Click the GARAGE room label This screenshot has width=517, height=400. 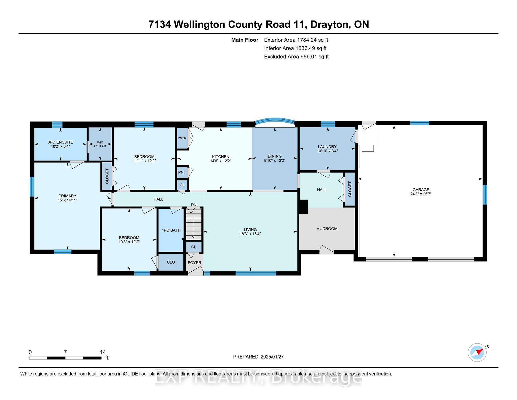(421, 189)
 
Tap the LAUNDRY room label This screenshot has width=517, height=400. (327, 147)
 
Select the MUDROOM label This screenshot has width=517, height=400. (327, 229)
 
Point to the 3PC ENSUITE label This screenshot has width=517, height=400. (60, 142)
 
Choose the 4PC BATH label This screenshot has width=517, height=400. (171, 230)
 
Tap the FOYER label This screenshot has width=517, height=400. (194, 263)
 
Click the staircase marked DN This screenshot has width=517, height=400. (193, 223)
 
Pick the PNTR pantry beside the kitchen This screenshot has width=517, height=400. (182, 138)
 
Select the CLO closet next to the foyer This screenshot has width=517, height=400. (171, 262)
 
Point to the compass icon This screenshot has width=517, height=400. (477, 352)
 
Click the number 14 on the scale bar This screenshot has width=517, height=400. (103, 352)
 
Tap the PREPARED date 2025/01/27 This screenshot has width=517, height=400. (272, 357)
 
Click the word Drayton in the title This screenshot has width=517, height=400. (330, 24)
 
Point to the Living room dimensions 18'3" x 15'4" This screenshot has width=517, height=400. (250, 234)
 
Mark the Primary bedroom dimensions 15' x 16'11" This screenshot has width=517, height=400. (67, 200)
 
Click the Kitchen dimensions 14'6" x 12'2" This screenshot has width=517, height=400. (221, 161)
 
